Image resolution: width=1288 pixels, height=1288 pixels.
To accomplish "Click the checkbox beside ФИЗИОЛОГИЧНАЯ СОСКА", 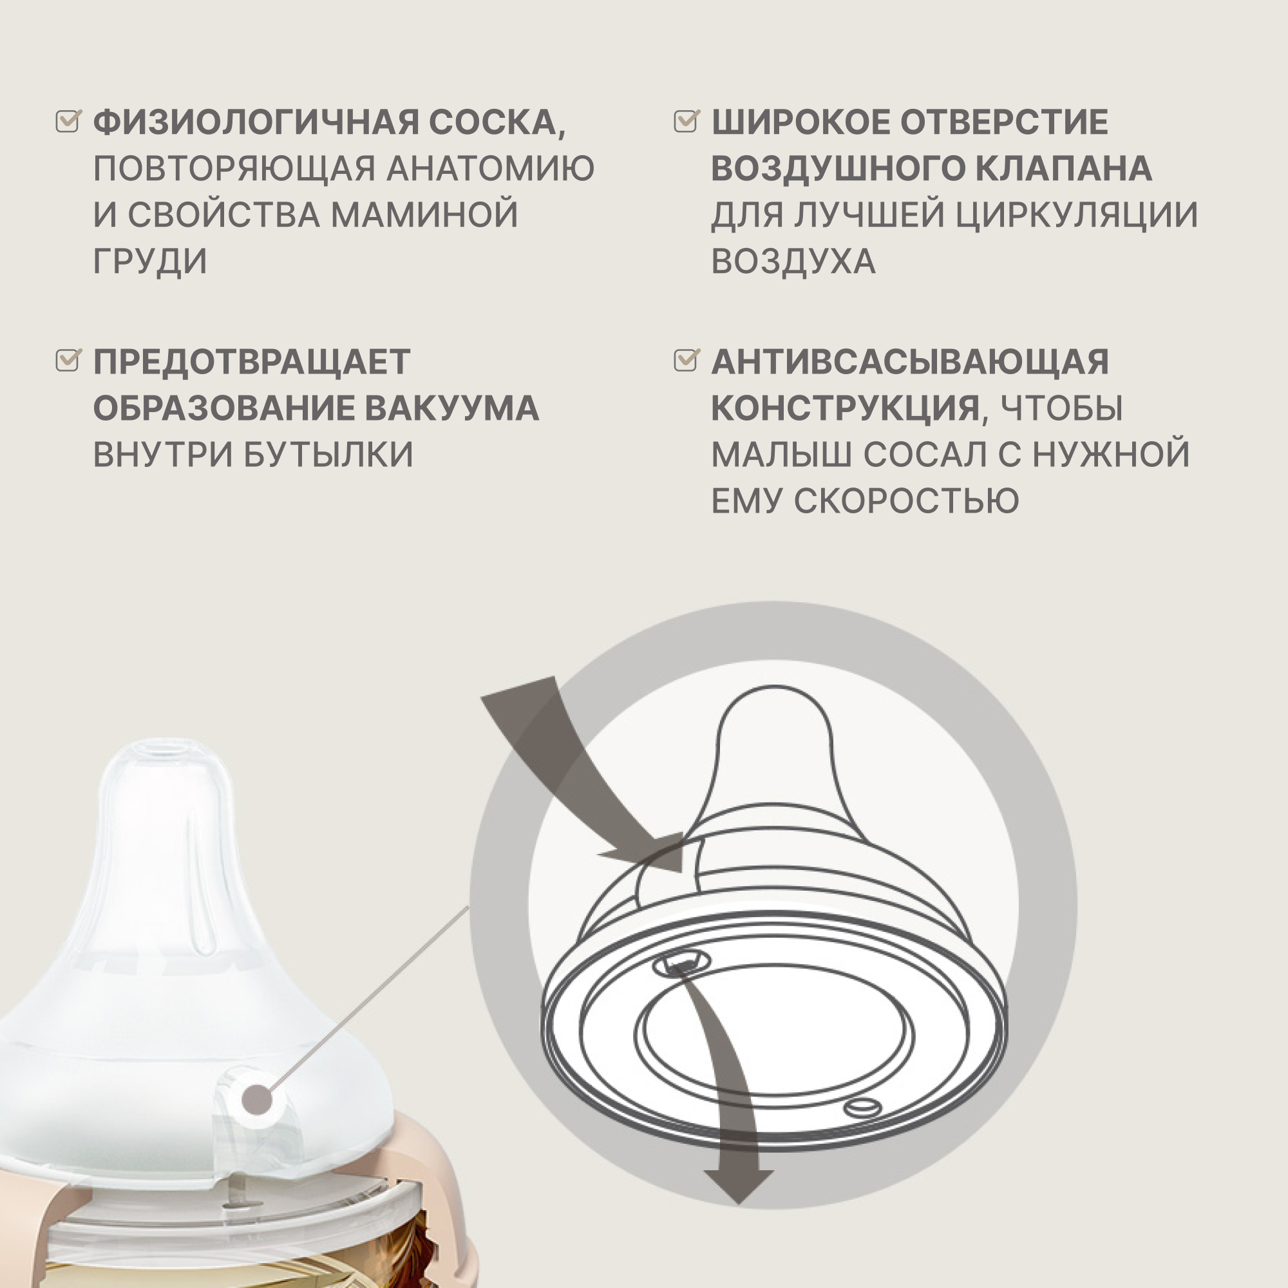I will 68,121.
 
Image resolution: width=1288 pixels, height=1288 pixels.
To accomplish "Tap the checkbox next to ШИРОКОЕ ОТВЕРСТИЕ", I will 686,121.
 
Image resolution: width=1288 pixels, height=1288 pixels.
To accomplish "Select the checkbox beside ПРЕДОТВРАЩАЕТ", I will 68,360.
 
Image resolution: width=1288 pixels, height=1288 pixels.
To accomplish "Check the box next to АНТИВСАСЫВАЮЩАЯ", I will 686,360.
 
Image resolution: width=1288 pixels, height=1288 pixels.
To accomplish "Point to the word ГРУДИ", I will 150,261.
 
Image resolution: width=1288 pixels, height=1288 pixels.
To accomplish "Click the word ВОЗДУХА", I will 793,261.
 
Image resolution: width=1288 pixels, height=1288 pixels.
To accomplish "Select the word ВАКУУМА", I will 452,408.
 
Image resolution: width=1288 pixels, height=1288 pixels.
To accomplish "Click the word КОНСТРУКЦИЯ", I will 845,408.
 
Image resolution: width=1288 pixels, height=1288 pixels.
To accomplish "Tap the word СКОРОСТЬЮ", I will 906,500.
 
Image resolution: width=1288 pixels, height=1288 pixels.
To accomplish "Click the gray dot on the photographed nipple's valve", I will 258,1100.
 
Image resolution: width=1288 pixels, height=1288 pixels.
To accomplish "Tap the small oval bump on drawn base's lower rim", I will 862,1107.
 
